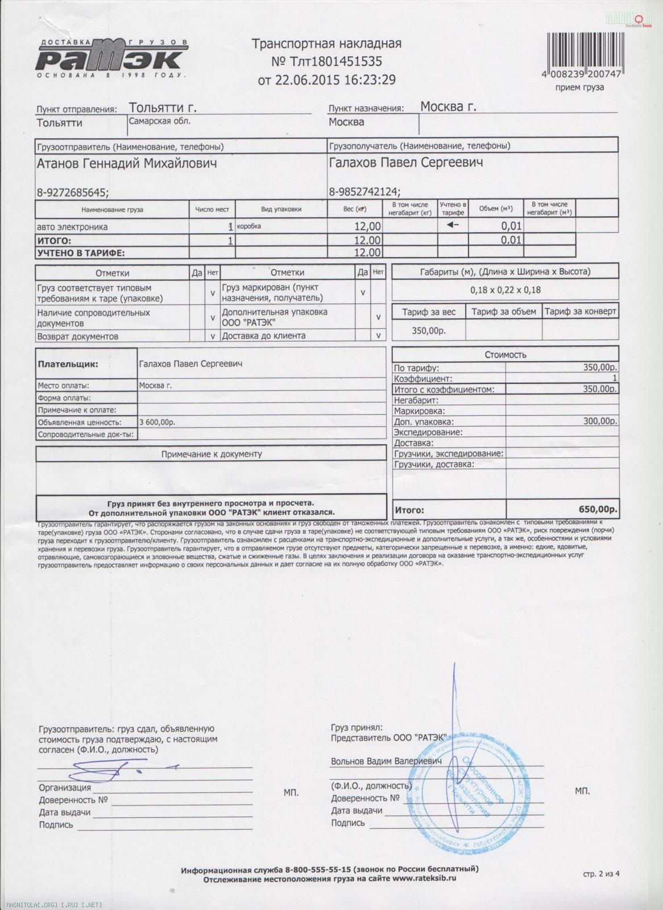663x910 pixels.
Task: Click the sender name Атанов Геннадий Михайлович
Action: [x=127, y=164]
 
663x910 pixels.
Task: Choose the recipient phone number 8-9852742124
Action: [x=363, y=192]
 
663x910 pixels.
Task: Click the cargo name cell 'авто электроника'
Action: [x=72, y=226]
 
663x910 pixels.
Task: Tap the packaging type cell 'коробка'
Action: [x=250, y=226]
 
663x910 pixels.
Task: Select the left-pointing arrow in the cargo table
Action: [x=453, y=225]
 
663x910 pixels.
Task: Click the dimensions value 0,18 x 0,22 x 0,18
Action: [x=505, y=290]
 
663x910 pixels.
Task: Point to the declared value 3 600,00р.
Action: [x=158, y=422]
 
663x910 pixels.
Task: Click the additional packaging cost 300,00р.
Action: [x=600, y=421]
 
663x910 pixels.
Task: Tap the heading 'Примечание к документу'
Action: [x=212, y=454]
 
